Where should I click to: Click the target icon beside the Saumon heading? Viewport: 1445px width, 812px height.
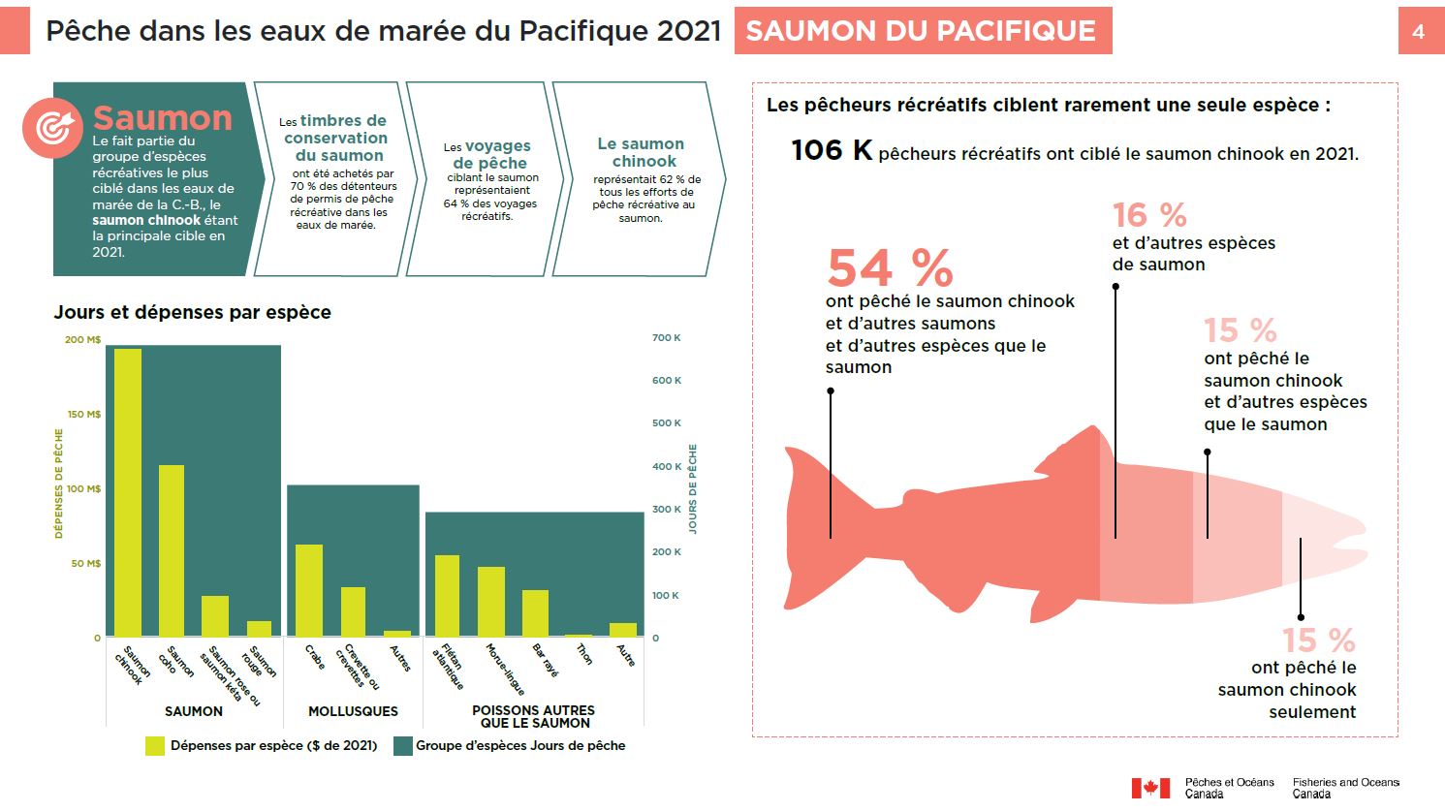[53, 127]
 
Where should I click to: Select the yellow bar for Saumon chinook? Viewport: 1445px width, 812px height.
[128, 492]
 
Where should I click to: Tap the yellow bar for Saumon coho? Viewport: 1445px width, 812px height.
[172, 550]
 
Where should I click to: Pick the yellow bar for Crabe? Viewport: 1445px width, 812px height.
[309, 590]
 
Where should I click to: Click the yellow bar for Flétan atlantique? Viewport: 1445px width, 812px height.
[447, 595]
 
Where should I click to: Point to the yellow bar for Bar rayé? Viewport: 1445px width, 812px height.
[535, 612]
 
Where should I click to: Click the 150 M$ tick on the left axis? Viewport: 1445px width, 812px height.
[84, 414]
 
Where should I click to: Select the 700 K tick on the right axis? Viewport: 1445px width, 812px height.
[666, 338]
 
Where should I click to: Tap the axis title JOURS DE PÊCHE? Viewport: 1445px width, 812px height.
[693, 488]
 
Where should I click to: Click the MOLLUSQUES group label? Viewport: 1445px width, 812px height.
[353, 711]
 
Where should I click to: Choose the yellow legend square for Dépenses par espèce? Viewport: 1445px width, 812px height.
[155, 745]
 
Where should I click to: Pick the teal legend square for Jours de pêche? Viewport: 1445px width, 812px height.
[403, 745]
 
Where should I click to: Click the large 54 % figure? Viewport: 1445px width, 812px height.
[890, 268]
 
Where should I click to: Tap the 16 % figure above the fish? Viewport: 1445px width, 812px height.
[1149, 215]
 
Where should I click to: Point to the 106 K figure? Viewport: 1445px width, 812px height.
[832, 150]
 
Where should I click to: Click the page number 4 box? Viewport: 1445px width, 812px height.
[1418, 31]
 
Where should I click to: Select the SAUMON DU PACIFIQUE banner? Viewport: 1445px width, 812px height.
[922, 31]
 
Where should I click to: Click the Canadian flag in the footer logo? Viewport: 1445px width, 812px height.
[1151, 788]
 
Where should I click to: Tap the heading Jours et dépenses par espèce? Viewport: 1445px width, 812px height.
[192, 312]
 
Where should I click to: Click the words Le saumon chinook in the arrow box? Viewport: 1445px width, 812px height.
[641, 152]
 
